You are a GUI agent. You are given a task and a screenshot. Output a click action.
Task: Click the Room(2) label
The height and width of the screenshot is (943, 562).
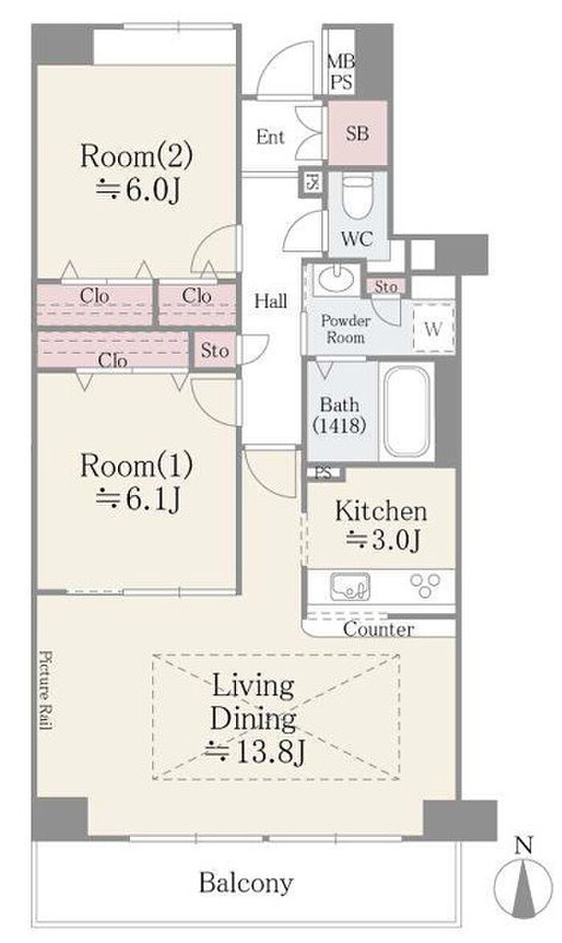pyautogui.click(x=136, y=157)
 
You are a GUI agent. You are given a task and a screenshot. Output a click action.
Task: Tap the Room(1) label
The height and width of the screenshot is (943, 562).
pyautogui.click(x=136, y=465)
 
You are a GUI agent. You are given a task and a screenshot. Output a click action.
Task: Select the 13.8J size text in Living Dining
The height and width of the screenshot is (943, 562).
pyautogui.click(x=255, y=752)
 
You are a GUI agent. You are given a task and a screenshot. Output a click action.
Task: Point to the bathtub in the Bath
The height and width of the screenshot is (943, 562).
pyautogui.click(x=407, y=412)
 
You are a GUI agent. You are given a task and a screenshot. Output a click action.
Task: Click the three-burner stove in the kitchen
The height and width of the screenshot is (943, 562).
pyautogui.click(x=426, y=585)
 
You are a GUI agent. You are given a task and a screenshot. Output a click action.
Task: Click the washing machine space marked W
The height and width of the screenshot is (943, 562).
pyautogui.click(x=434, y=329)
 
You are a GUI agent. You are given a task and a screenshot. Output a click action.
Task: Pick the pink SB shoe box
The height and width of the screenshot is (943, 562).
pyautogui.click(x=357, y=132)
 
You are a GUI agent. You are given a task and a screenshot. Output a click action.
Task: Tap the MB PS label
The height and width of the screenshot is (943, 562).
pyautogui.click(x=341, y=71)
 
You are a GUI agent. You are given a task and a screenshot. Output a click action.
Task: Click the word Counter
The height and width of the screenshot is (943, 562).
pyautogui.click(x=378, y=630)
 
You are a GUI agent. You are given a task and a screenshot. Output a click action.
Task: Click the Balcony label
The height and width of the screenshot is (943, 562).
pyautogui.click(x=246, y=884)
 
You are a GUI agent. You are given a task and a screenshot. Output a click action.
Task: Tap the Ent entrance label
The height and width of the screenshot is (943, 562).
pyautogui.click(x=271, y=137)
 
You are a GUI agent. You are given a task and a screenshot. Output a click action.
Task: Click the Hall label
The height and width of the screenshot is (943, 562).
pyautogui.click(x=271, y=301)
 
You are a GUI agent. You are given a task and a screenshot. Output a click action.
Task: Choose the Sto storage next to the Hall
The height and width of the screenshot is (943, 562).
pyautogui.click(x=215, y=350)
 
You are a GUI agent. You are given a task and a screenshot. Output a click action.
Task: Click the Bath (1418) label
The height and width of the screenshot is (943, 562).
pyautogui.click(x=340, y=415)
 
